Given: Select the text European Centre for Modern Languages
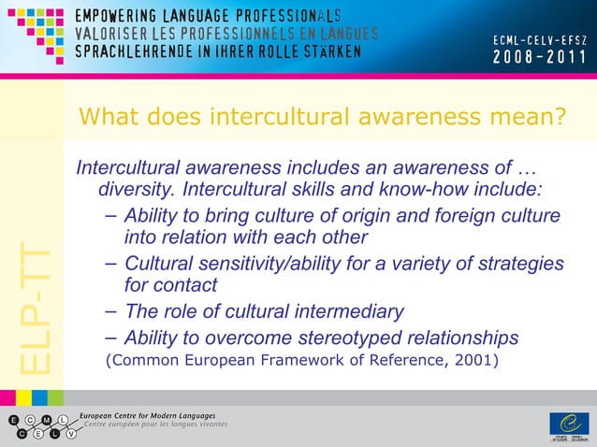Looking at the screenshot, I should (x=147, y=415).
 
